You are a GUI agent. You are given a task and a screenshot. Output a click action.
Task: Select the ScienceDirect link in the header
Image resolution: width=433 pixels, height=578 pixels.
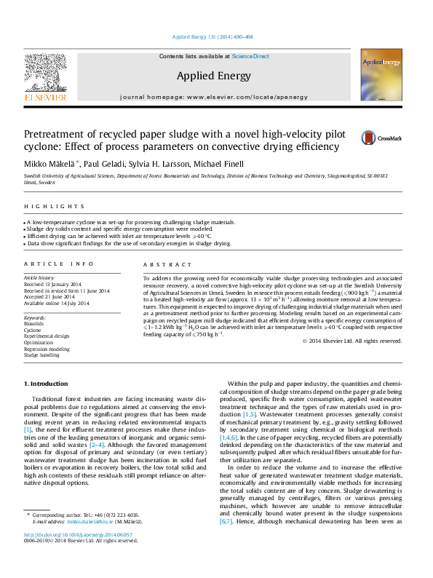250,56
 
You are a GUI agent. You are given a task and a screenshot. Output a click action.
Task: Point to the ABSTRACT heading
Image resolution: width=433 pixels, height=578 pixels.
162,264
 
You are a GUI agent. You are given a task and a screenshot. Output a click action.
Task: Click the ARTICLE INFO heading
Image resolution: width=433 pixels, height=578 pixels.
59,264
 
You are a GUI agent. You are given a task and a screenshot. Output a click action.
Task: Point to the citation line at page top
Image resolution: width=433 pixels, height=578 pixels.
213,36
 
